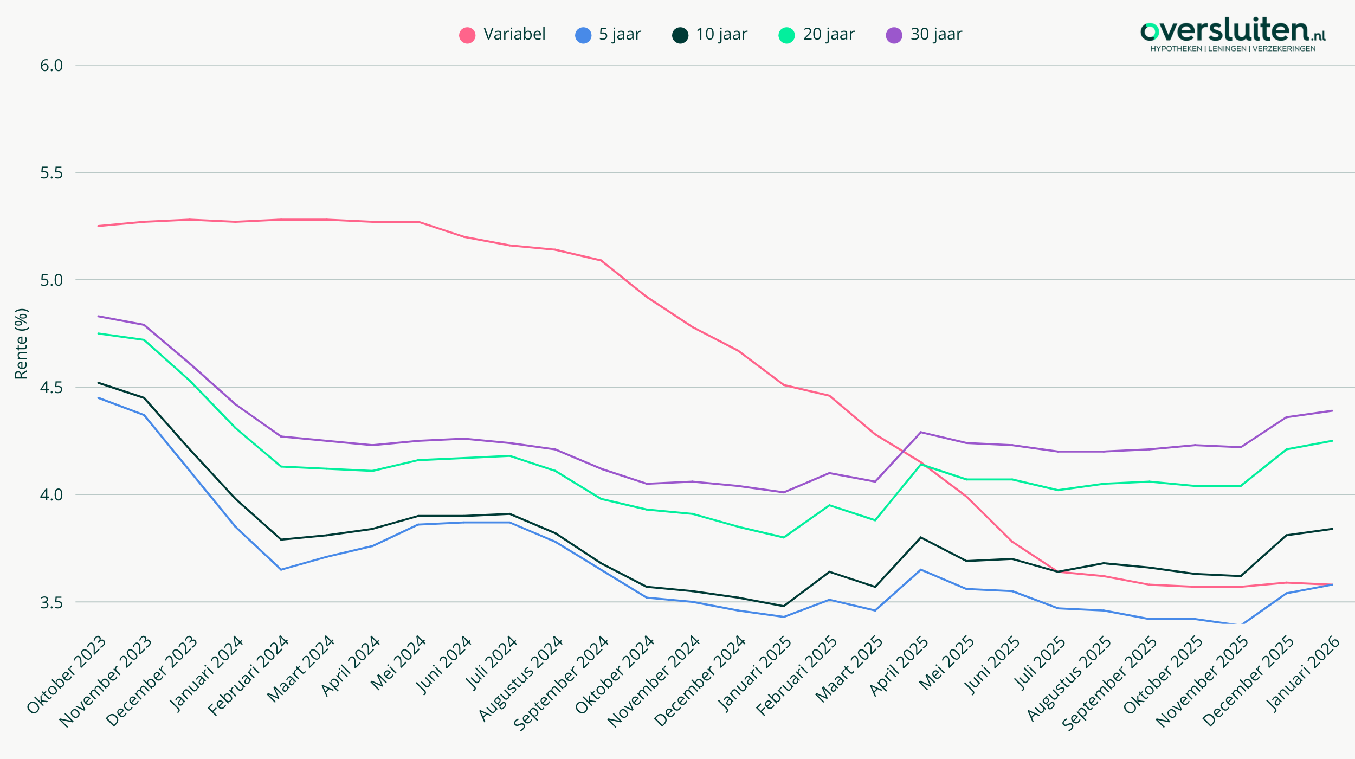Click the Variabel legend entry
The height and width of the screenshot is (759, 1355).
(x=502, y=35)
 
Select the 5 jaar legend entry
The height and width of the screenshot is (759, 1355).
(x=608, y=35)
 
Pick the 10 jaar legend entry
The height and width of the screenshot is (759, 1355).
(x=709, y=35)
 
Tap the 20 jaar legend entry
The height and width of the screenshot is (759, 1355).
(x=817, y=35)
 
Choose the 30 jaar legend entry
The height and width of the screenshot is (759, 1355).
(x=924, y=35)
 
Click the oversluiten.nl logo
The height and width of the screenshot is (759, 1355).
(x=1233, y=34)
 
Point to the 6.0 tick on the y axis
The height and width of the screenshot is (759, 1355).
(x=51, y=66)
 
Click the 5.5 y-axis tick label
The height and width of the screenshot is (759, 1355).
(x=51, y=173)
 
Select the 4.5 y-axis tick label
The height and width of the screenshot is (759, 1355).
(x=51, y=388)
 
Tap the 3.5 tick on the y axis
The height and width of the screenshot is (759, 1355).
(x=51, y=602)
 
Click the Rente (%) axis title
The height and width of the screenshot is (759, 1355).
(x=21, y=344)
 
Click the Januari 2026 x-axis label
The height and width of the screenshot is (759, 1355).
(x=1302, y=675)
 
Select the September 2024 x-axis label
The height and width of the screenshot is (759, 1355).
(x=562, y=683)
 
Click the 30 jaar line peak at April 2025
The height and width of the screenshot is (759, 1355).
(x=921, y=432)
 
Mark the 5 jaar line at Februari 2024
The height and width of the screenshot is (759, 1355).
(x=281, y=570)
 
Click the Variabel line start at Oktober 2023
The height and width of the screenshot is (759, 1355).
(x=98, y=226)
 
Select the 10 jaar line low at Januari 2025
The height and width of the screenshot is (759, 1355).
(x=784, y=606)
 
